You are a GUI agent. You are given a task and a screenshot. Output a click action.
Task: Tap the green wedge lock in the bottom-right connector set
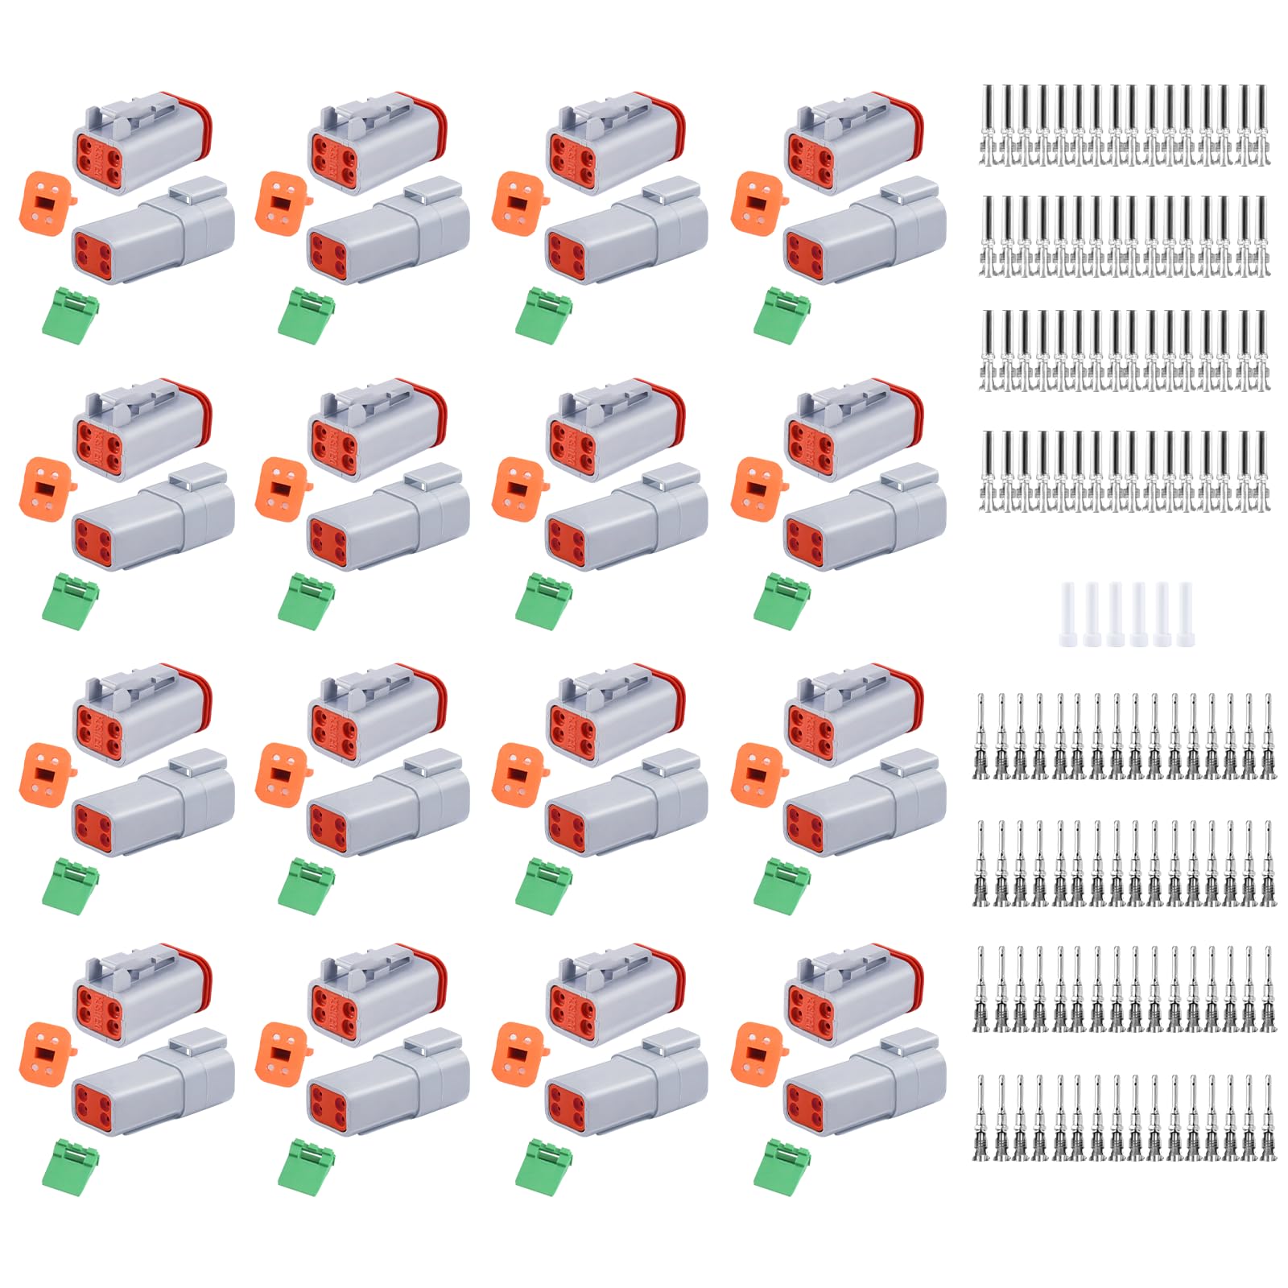pyautogui.click(x=781, y=1164)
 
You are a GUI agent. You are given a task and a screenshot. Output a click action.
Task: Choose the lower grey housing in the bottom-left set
pyautogui.click(x=153, y=1083)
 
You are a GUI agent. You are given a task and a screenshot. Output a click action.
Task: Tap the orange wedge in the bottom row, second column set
pyautogui.click(x=281, y=1051)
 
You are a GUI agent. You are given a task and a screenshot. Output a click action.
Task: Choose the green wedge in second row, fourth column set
pyautogui.click(x=781, y=601)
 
